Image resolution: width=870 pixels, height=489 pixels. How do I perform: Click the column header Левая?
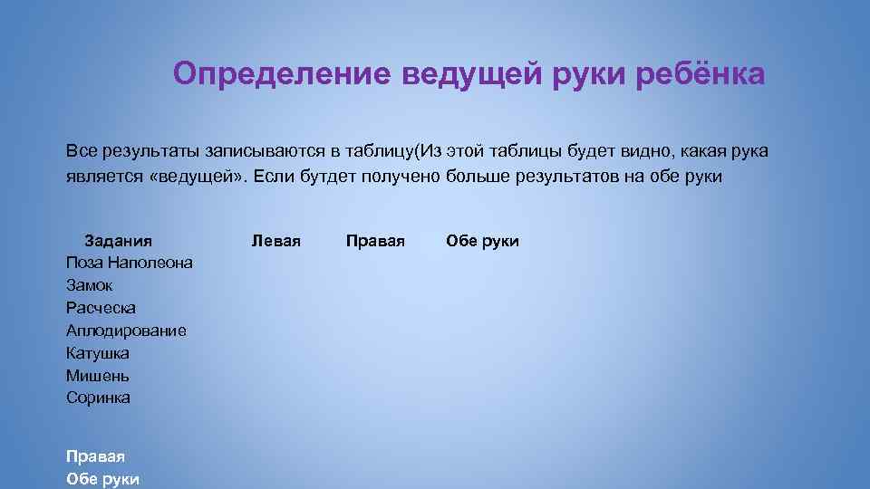[275, 241]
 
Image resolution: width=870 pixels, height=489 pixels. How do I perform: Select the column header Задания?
[118, 241]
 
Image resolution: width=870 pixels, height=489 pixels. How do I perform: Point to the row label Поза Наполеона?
[129, 264]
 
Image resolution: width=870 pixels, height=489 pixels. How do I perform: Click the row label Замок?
[90, 286]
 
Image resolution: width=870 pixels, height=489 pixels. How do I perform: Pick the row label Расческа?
[101, 309]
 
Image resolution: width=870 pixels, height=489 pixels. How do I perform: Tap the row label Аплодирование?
[126, 331]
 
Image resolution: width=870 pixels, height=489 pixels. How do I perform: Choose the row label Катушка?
[98, 353]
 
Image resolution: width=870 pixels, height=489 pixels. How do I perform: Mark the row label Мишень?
[98, 375]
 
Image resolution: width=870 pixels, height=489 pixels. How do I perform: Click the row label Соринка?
[98, 398]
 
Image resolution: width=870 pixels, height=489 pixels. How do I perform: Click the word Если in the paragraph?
[271, 177]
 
